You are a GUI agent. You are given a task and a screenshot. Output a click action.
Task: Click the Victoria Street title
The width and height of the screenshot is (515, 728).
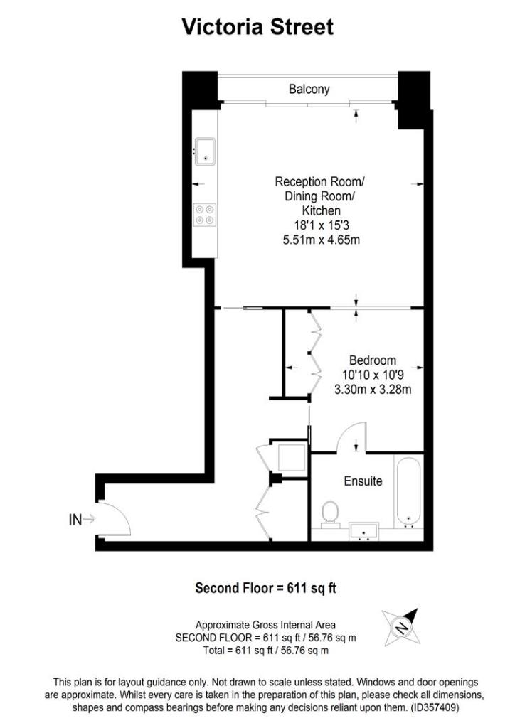[x=257, y=27]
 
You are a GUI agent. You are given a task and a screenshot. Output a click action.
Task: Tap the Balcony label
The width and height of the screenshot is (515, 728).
[x=309, y=90]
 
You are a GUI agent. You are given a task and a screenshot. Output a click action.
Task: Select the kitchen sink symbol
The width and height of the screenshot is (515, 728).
[x=206, y=151]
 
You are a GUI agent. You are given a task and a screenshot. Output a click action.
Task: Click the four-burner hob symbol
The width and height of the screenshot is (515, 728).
[x=206, y=215]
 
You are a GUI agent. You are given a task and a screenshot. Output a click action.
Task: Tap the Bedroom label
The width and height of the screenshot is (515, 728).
[x=373, y=360]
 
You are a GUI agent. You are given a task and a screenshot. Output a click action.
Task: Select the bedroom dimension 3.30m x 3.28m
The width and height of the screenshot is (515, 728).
[x=373, y=389]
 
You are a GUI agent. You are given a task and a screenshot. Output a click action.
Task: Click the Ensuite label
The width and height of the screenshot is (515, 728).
[x=363, y=481]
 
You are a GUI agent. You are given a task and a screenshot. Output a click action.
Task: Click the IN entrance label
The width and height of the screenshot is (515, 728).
[x=75, y=520]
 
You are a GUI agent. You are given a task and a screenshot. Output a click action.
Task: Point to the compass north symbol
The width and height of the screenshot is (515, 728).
[x=400, y=625]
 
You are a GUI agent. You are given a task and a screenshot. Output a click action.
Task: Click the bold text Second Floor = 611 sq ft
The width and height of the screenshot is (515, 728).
[x=266, y=588]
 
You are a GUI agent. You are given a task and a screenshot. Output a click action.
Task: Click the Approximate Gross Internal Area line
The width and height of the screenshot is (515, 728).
[x=266, y=625]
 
